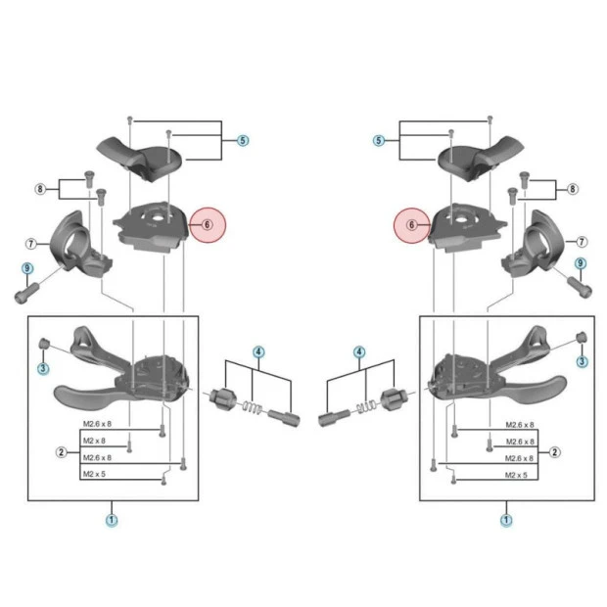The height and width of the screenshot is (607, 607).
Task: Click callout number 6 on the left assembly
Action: pos(208,225)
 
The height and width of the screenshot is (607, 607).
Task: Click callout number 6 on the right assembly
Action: pos(412,225)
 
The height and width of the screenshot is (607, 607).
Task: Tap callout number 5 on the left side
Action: pos(243,141)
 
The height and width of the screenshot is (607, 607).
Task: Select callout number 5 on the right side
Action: pos(379,141)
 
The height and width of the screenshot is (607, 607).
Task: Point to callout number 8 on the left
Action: pos(40,188)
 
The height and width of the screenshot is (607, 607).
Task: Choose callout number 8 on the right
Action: pos(573,188)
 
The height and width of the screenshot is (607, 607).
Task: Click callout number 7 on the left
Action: pos(30,242)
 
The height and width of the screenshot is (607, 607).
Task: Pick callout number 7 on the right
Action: pos(582,241)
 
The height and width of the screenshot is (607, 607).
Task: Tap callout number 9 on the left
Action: pos(27,268)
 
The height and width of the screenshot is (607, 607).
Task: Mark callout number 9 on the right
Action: pos(581,262)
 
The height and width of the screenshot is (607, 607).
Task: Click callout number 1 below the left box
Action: pos(111,520)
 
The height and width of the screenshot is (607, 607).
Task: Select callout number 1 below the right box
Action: pos(506,520)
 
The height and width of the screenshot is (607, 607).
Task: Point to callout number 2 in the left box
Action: pos(61,451)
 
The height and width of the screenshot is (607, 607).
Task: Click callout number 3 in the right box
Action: pos(583,362)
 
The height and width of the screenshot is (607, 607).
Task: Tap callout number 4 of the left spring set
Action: pos(258,351)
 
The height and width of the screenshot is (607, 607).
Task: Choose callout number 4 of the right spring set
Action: pos(359,351)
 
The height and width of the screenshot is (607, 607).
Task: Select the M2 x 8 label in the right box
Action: pos(519,442)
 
